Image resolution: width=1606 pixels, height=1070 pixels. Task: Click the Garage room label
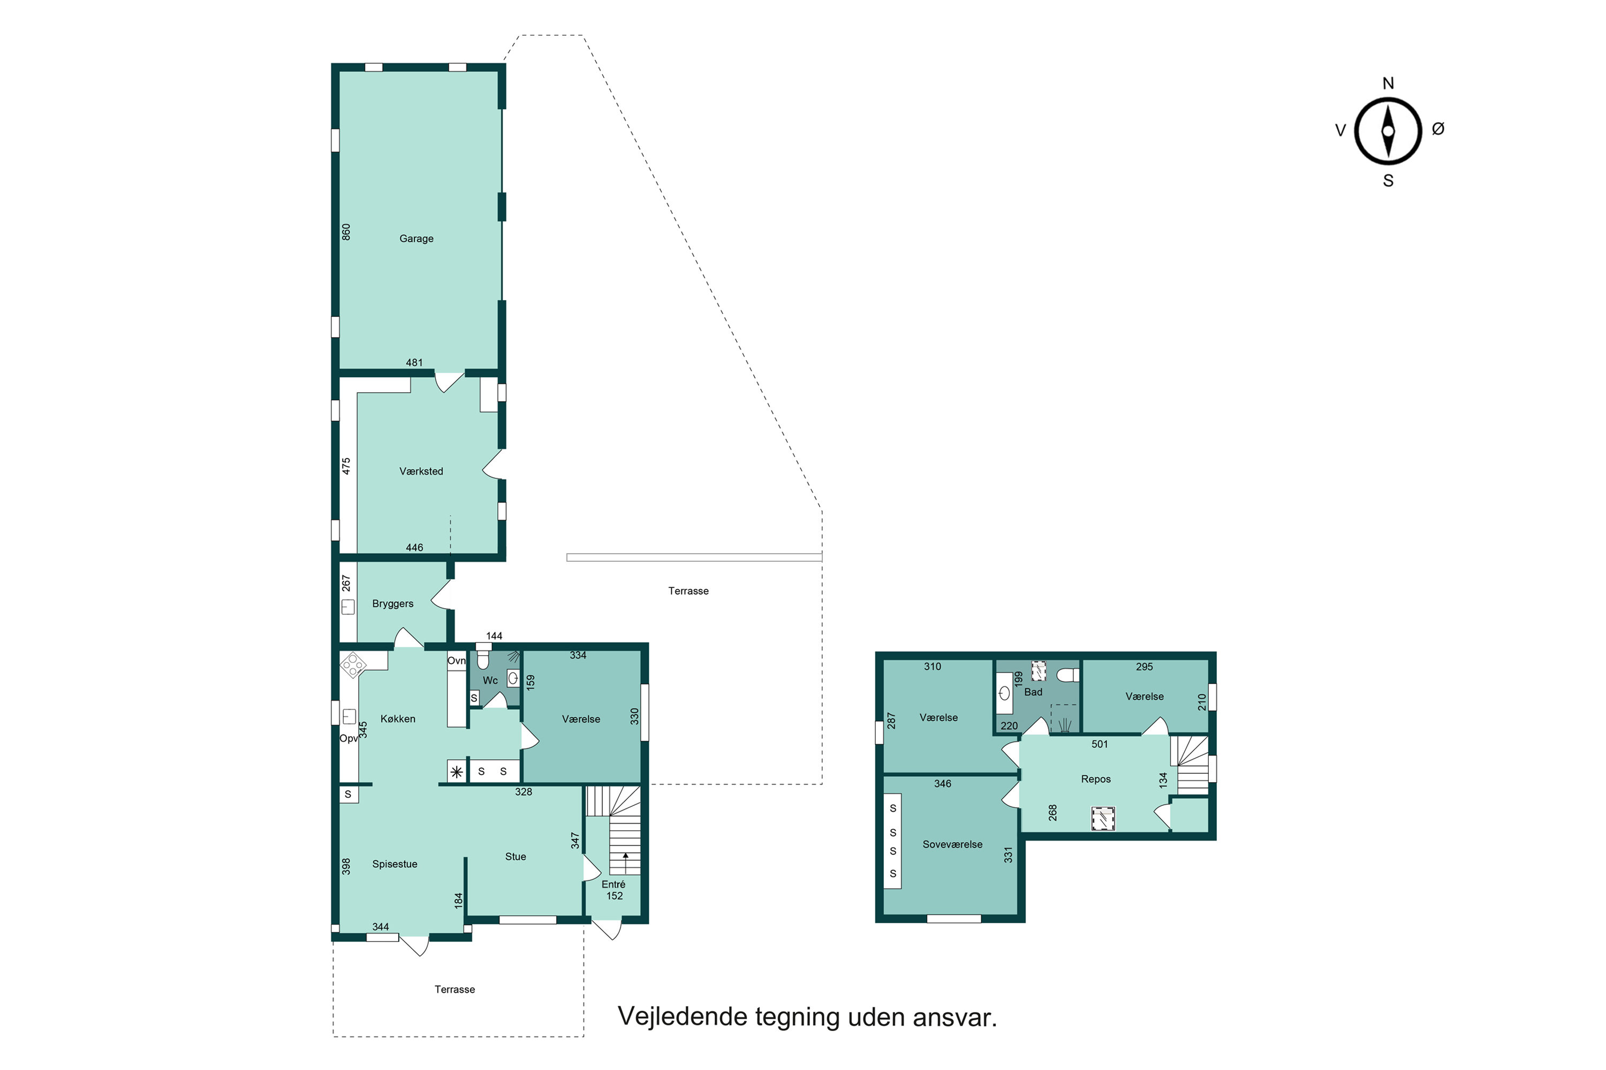416,239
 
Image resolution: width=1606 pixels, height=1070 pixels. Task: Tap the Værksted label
421,471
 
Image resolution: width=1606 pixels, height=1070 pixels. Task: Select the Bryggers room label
392,604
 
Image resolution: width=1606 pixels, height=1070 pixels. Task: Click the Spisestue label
395,864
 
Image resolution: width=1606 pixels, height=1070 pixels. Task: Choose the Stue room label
516,857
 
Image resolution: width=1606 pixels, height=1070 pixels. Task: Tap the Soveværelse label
952,844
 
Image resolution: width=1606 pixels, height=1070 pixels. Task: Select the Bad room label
1033,692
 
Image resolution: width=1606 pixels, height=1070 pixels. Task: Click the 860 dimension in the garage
346,232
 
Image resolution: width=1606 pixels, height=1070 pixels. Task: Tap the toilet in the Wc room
483,656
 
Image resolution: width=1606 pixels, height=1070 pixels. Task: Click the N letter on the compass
1388,83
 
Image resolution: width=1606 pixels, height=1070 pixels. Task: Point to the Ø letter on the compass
1438,128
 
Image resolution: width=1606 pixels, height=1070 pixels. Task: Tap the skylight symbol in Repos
1102,819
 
